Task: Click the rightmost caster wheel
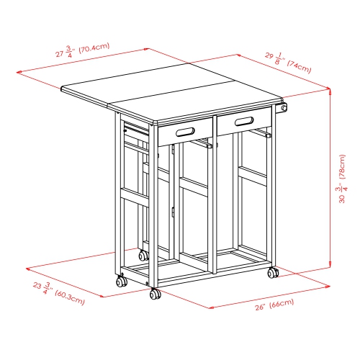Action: (x=273, y=274)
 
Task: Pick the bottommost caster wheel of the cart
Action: (x=154, y=294)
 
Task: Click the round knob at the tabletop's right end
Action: (x=284, y=109)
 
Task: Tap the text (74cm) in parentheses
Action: (x=299, y=68)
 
